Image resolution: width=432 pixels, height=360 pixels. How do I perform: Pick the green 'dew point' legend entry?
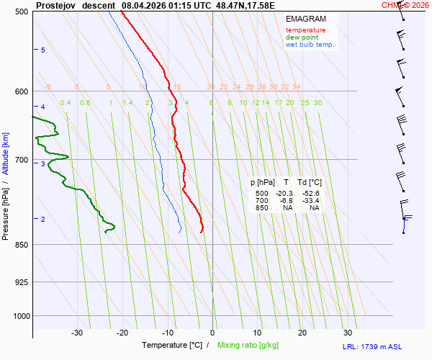[x=302, y=37]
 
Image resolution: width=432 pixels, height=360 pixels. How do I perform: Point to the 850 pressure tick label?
[x=22, y=245]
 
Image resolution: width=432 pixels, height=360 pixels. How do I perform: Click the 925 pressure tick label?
[x=22, y=282]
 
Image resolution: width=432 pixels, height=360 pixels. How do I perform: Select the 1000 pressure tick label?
[x=19, y=316]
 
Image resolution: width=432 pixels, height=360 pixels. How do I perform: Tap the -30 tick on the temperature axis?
[x=77, y=333]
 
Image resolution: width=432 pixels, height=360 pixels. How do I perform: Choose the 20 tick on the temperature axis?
[x=302, y=333]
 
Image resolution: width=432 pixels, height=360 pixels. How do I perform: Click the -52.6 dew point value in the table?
[x=311, y=194]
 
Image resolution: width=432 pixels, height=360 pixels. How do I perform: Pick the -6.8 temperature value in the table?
[x=286, y=201]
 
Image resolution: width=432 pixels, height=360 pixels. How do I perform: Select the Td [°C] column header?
[x=310, y=183]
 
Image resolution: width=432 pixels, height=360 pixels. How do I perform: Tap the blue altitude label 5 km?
[x=43, y=50]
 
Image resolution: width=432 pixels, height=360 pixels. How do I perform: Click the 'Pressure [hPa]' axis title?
[x=6, y=210]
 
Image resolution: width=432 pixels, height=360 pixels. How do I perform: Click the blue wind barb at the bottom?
[x=405, y=219]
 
